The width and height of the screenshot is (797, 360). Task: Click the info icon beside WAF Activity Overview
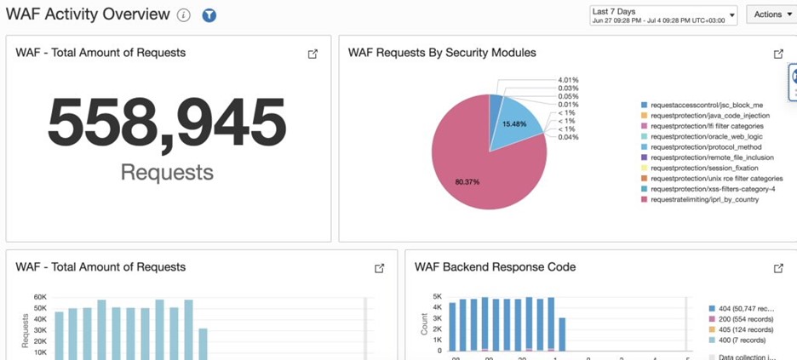click(x=184, y=15)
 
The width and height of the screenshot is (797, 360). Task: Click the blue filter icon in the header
click(x=209, y=15)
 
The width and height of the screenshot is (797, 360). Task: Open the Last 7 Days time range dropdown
click(x=662, y=15)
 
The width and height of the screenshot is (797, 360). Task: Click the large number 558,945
click(x=166, y=124)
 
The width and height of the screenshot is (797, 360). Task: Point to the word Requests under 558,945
click(x=166, y=172)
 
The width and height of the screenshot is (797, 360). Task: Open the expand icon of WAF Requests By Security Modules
click(x=778, y=54)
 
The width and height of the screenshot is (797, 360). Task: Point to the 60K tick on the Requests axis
click(x=39, y=297)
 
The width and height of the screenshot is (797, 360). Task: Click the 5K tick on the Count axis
click(x=436, y=297)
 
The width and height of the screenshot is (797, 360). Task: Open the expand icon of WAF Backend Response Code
click(x=778, y=268)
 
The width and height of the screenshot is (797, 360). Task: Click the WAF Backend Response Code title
click(x=495, y=267)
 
